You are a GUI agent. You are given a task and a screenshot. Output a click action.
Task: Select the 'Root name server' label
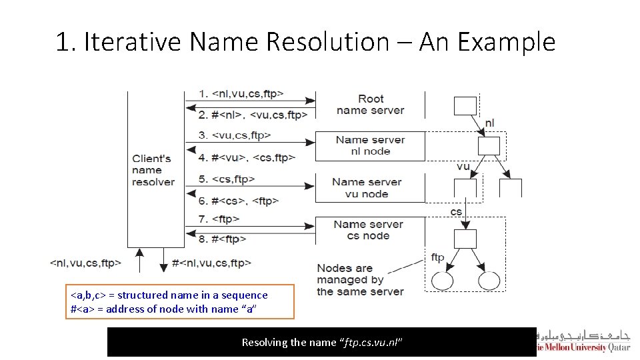click(370, 105)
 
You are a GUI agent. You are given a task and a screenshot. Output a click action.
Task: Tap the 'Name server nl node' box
click(370, 146)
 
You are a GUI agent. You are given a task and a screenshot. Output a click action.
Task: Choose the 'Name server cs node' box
click(369, 230)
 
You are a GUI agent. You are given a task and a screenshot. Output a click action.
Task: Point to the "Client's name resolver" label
click(153, 170)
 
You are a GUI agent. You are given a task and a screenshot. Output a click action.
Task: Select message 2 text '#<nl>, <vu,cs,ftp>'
click(259, 115)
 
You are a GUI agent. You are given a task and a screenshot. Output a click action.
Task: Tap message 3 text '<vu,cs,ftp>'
click(241, 135)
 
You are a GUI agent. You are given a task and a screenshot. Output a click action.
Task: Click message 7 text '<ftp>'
click(225, 219)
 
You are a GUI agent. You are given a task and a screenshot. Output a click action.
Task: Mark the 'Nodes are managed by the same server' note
click(360, 280)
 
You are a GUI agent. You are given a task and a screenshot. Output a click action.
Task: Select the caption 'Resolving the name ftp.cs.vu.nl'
click(322, 342)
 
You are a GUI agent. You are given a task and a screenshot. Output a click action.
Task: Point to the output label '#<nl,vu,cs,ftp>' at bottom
click(211, 263)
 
